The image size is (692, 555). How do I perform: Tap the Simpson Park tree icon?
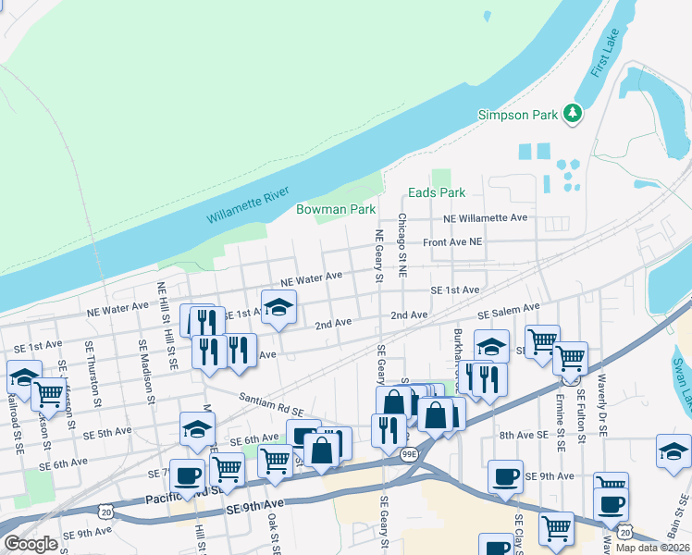(x=575, y=114)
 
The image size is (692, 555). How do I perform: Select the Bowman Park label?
(x=335, y=209)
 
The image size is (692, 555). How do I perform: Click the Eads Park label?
(x=437, y=192)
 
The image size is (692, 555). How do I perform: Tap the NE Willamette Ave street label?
(x=485, y=217)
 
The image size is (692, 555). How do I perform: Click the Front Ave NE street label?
(x=452, y=241)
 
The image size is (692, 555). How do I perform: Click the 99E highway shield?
(x=410, y=454)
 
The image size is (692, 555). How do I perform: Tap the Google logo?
(x=31, y=543)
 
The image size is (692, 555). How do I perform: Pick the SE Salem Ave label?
(x=508, y=311)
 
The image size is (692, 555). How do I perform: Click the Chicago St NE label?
(x=402, y=246)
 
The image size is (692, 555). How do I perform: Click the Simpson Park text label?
(x=517, y=115)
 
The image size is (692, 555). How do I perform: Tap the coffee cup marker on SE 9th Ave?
(x=505, y=476)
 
